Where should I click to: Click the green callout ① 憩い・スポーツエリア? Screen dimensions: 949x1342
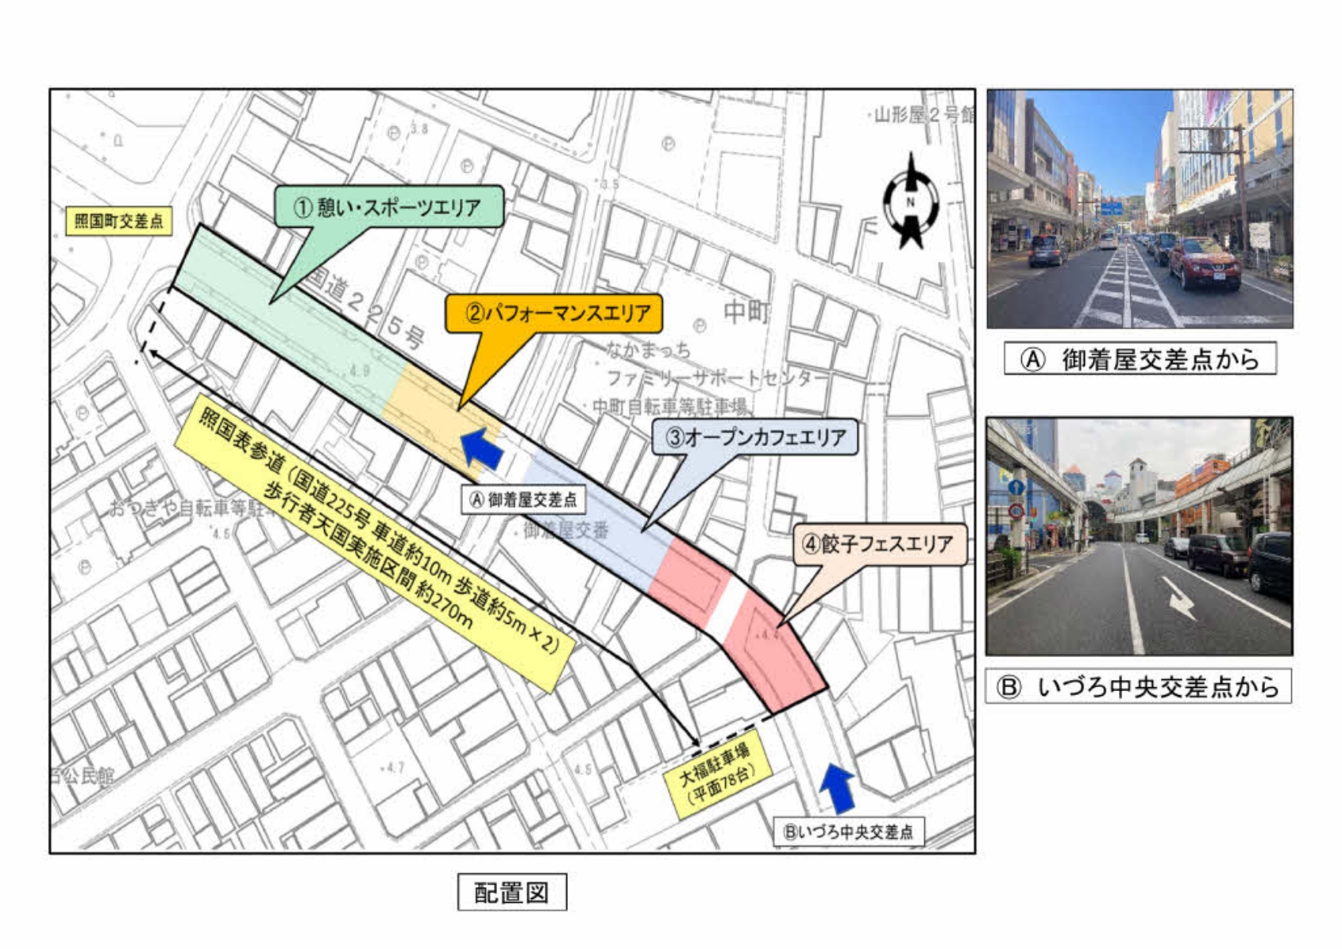click(x=388, y=207)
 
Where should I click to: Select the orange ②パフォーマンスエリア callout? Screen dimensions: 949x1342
click(x=554, y=313)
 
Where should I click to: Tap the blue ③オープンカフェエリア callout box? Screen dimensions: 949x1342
click(x=755, y=437)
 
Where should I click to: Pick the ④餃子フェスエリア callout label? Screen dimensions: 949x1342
click(x=879, y=544)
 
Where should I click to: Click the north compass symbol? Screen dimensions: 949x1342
click(x=911, y=202)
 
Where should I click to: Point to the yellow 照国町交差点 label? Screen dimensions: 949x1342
click(x=119, y=221)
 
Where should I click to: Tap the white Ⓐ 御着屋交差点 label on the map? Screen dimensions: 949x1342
click(x=523, y=500)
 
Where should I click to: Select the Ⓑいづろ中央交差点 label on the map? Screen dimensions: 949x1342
click(x=848, y=832)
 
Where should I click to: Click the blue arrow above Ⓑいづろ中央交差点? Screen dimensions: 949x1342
click(x=836, y=786)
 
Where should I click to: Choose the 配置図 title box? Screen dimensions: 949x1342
click(x=511, y=893)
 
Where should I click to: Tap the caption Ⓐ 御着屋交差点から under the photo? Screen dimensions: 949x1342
click(x=1140, y=359)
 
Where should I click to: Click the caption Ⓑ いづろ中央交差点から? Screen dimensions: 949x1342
click(x=1139, y=686)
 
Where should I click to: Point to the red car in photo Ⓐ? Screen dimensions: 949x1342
click(x=1204, y=263)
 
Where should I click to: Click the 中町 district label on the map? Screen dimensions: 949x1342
click(x=746, y=312)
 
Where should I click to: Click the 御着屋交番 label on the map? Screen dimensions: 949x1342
click(x=566, y=530)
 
